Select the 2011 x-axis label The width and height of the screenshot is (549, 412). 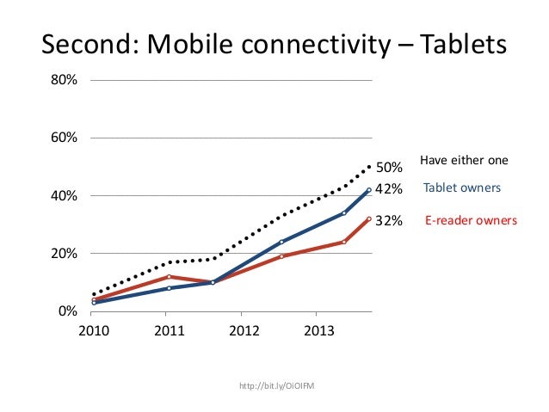tap(169, 331)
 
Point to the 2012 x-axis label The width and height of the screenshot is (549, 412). tap(244, 331)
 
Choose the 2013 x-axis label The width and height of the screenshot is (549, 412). tap(320, 331)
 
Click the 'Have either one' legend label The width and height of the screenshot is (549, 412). tap(464, 161)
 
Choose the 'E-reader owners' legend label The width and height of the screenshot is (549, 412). tap(472, 221)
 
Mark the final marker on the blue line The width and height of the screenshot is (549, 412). tap(369, 190)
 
